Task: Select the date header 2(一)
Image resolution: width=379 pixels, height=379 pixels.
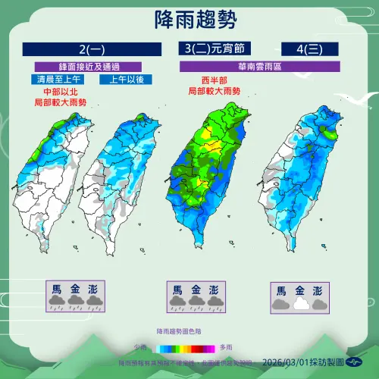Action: tap(92, 51)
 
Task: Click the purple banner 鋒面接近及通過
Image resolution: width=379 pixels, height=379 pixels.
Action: tap(92, 67)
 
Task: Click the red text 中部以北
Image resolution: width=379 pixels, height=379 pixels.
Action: tap(60, 91)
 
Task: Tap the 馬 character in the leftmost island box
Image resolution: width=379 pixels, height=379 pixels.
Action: tap(57, 288)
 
